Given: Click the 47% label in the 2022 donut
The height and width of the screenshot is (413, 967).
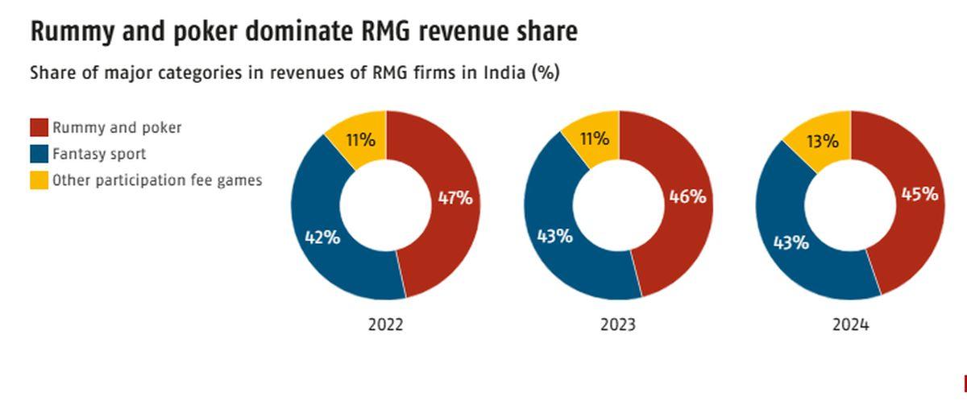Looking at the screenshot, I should (x=455, y=197).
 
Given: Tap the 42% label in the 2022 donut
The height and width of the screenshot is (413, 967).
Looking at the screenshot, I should (x=322, y=237).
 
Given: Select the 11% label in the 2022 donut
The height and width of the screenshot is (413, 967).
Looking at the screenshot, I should (x=360, y=140).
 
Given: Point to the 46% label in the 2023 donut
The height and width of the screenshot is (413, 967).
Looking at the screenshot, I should (x=687, y=196).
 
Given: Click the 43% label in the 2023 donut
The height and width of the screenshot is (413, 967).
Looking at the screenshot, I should (x=555, y=236).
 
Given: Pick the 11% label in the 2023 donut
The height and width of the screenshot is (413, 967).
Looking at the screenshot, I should (x=594, y=138).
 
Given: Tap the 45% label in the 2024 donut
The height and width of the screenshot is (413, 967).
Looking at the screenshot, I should (x=919, y=194).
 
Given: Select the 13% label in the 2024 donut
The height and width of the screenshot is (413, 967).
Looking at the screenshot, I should (x=823, y=142).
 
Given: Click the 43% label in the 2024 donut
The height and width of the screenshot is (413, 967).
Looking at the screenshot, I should (x=791, y=242).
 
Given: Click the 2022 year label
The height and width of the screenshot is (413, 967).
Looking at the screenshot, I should (x=385, y=325).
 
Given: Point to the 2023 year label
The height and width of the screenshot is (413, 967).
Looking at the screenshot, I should (x=618, y=325).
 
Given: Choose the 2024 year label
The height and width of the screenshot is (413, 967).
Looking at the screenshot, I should (x=851, y=325).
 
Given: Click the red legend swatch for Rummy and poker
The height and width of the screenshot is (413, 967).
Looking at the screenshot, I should (x=39, y=127).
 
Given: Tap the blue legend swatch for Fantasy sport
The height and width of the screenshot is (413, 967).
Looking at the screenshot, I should (x=39, y=154).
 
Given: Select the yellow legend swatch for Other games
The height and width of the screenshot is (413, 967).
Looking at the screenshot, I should (x=39, y=180).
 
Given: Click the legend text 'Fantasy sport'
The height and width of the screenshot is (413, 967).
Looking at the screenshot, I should (x=99, y=154).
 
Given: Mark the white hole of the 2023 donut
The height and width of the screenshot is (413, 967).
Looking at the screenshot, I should (x=619, y=205).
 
